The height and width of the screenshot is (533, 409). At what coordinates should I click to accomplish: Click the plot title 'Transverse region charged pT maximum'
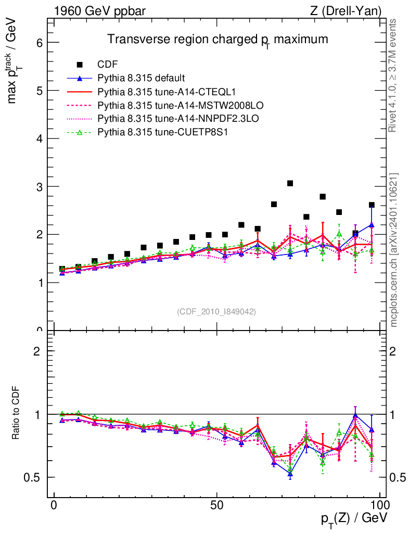(x=218, y=40)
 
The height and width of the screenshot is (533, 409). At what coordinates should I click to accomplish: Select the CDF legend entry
(x=108, y=65)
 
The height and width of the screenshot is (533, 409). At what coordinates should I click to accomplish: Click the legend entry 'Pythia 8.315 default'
(x=141, y=79)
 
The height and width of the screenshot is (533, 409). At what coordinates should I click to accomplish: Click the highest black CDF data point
(x=290, y=183)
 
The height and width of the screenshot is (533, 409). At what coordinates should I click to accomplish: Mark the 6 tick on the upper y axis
(x=39, y=43)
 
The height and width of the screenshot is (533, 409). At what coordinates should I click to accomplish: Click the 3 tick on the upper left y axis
(x=39, y=187)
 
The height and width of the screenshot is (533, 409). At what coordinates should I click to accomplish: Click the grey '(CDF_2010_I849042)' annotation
(x=216, y=311)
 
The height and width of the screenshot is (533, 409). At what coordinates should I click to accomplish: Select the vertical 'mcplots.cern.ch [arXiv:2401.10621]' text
(x=394, y=250)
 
